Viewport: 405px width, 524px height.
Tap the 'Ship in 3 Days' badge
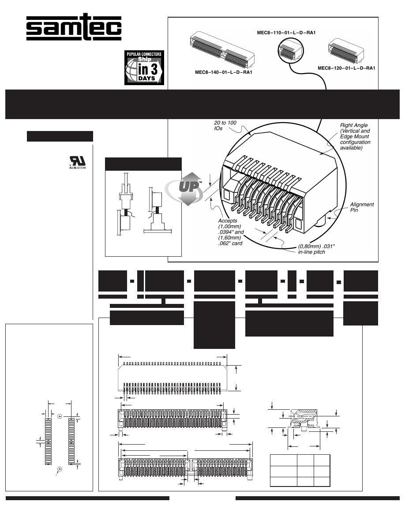(x=144, y=67)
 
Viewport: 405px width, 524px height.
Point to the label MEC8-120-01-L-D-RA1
(x=347, y=68)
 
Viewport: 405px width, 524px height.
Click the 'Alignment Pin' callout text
(x=362, y=207)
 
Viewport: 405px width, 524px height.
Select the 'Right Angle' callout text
(x=355, y=137)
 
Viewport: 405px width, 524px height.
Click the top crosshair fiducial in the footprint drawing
(x=59, y=415)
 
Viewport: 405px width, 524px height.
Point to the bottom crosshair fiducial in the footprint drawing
(x=59, y=469)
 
